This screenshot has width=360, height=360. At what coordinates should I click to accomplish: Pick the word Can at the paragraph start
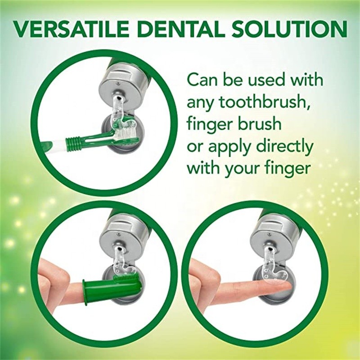[x=201, y=81]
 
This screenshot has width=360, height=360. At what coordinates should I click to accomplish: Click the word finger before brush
[x=210, y=125]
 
